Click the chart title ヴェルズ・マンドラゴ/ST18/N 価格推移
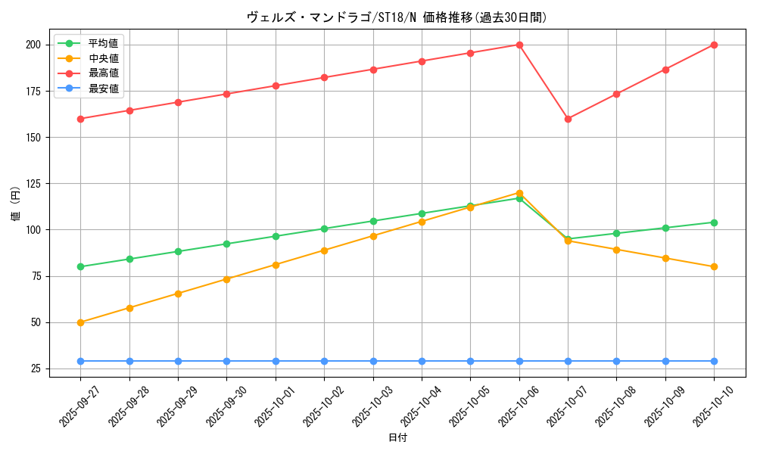[397, 17]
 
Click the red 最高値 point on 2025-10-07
[568, 119]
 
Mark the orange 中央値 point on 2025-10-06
[519, 193]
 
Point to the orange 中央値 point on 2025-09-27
[81, 322]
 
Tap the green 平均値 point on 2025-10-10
[714, 222]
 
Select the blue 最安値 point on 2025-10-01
[276, 361]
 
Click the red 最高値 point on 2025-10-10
[714, 45]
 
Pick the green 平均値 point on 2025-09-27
[81, 266]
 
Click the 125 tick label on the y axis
[33, 184]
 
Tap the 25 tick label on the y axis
[35, 368]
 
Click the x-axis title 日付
[397, 438]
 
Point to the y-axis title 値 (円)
[15, 204]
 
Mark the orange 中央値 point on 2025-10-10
[714, 266]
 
